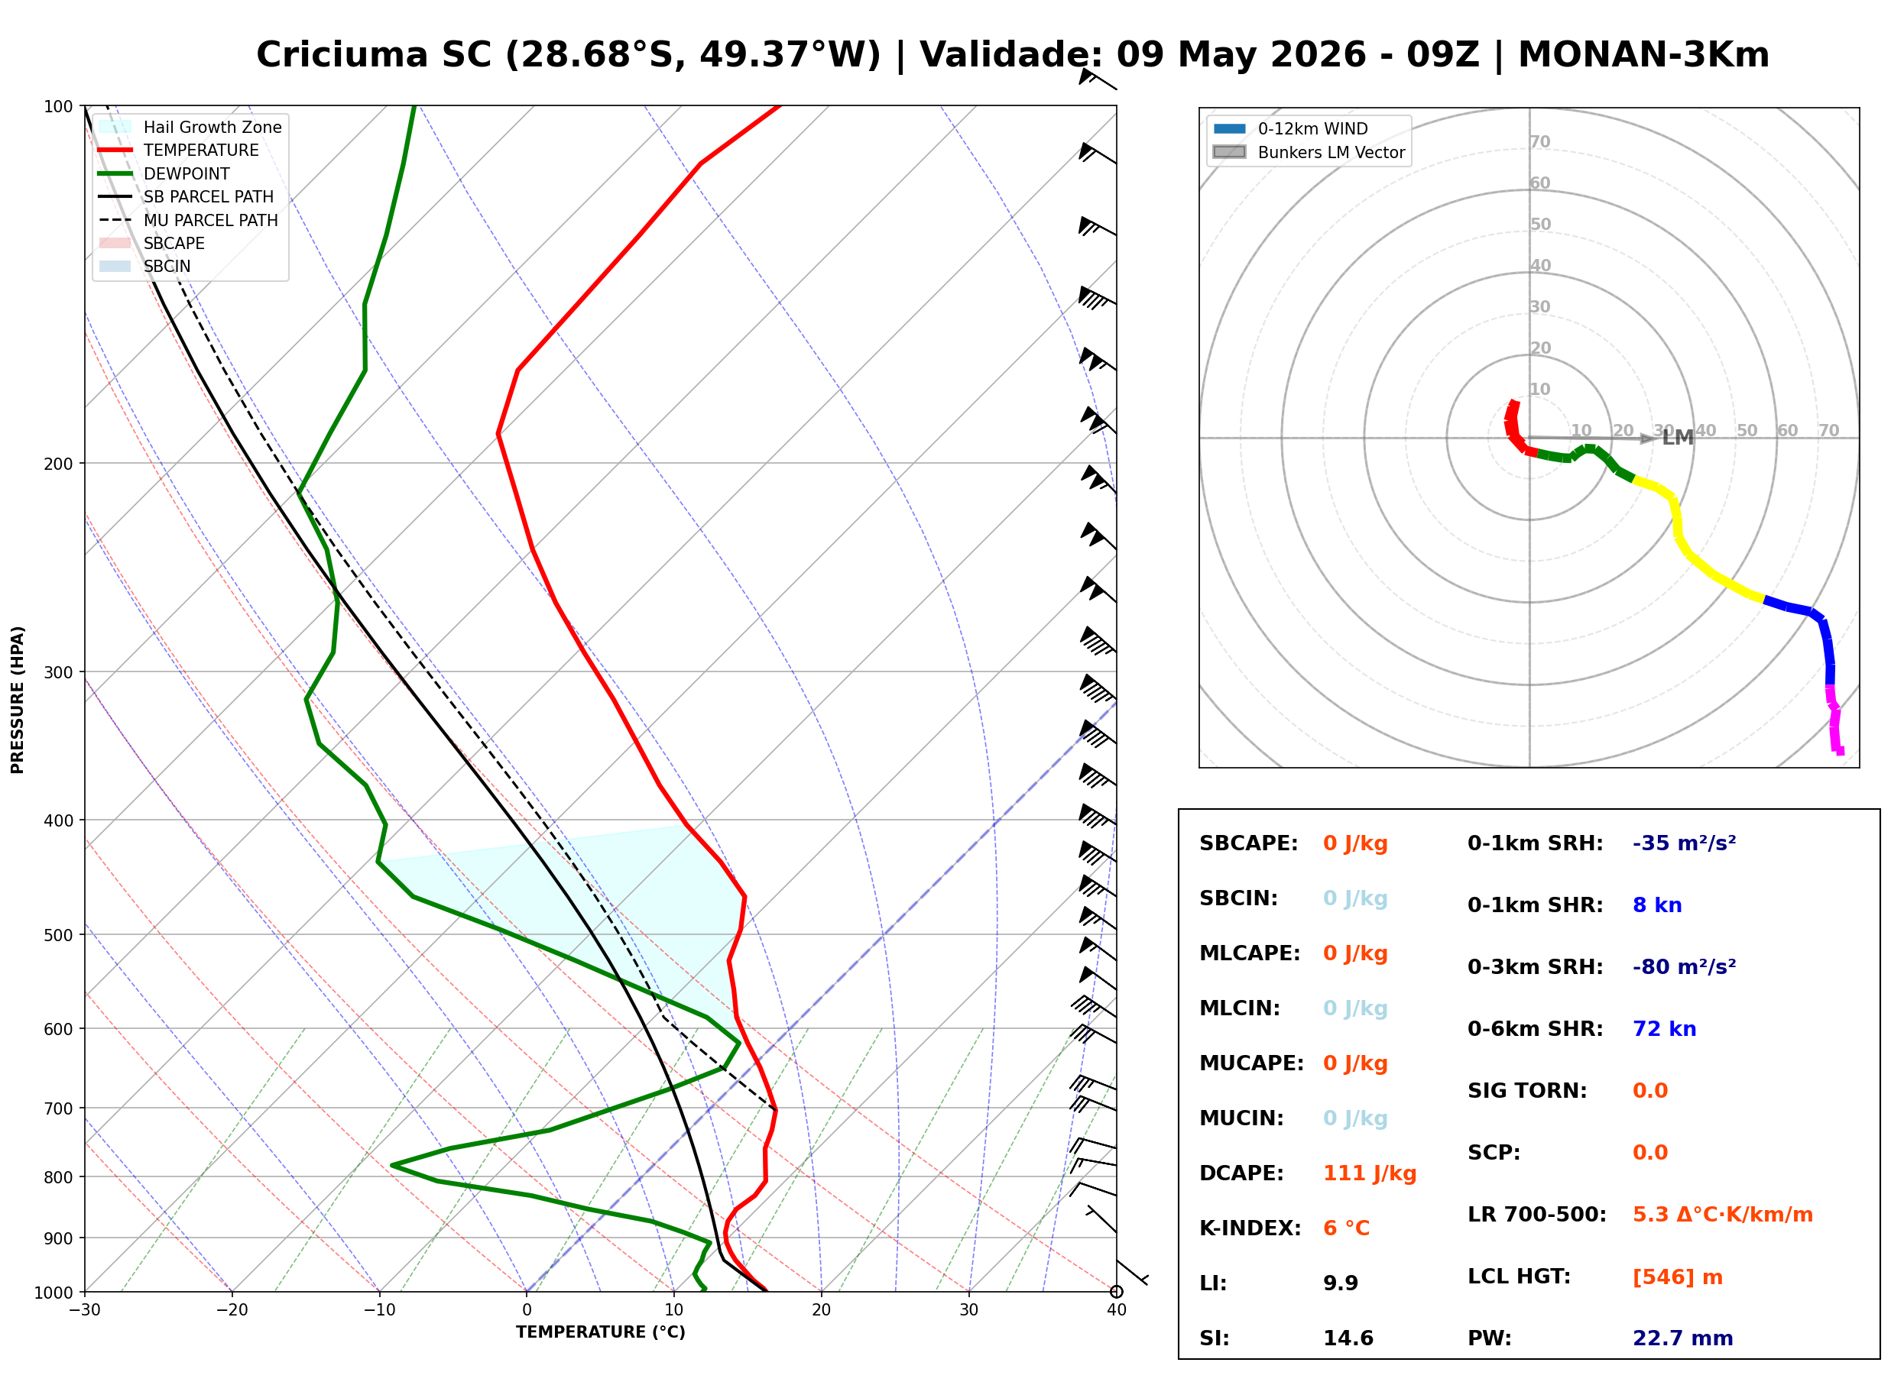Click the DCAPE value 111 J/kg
[1370, 1173]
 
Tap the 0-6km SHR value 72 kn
[1664, 1029]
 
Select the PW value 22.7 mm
[1683, 1338]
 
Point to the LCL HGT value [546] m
[1678, 1277]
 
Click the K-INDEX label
[1250, 1228]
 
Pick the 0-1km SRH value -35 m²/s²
[1685, 843]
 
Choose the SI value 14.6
[1348, 1338]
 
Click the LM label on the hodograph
[1678, 438]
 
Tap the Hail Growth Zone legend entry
[190, 127]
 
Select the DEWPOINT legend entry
[164, 173]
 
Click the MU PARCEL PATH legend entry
[188, 220]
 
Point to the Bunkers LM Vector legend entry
[1309, 152]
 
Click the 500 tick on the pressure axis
[58, 935]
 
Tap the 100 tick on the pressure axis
[58, 107]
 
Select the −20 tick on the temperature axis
[232, 1310]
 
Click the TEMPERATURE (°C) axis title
[601, 1333]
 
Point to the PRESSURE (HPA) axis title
[18, 700]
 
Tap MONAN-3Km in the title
[1644, 55]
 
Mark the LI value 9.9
[1341, 1283]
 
